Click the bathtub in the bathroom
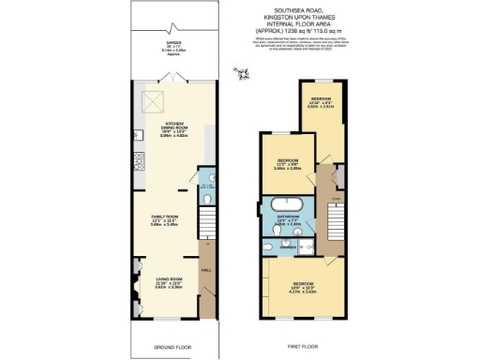click(x=283, y=203)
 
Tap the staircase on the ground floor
click(x=208, y=253)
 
